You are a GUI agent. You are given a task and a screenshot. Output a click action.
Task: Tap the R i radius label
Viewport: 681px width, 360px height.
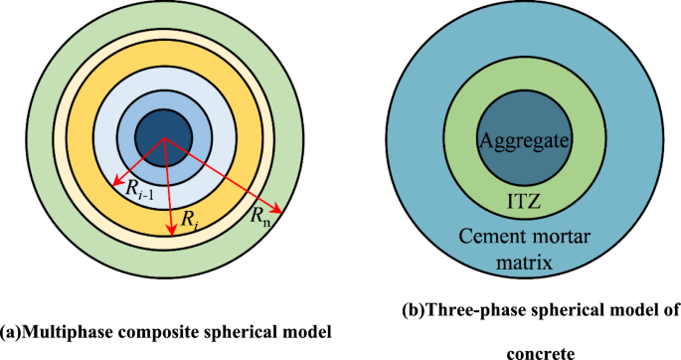187,222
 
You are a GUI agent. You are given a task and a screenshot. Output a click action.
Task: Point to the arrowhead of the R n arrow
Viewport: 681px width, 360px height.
281,213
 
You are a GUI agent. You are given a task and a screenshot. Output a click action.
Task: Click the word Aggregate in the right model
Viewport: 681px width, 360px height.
524,141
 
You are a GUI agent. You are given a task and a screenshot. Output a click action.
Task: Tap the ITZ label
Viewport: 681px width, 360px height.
525,205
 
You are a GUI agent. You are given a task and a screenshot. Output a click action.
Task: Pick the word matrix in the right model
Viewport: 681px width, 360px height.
524,262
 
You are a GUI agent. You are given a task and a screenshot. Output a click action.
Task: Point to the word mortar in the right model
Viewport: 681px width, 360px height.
556,235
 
